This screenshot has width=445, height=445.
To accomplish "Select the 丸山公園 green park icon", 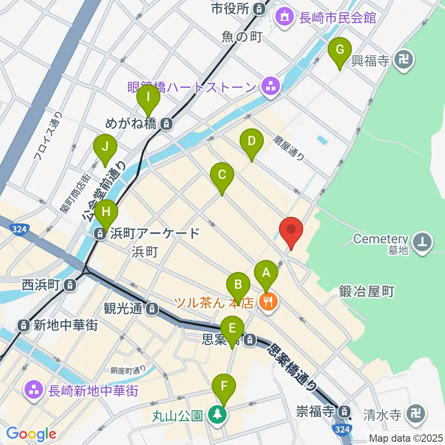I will click(216, 414).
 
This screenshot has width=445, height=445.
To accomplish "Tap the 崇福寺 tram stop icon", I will click(344, 411).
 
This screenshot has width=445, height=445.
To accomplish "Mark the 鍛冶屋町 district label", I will click(367, 292).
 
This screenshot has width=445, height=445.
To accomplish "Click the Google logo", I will click(31, 434).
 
